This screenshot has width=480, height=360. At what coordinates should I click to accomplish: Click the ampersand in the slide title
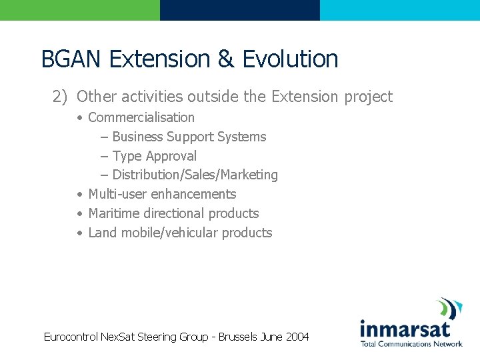[225, 59]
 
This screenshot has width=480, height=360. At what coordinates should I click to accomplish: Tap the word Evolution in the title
[290, 59]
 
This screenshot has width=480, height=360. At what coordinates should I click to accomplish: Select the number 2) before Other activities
[61, 97]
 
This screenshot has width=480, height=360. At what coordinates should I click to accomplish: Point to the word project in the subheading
[368, 97]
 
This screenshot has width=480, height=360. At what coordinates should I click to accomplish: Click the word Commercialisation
[141, 117]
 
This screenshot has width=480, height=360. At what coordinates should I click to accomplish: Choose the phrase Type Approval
[155, 156]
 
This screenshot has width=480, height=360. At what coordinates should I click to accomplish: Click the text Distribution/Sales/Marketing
[195, 175]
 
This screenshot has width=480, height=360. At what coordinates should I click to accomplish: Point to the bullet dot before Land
[79, 233]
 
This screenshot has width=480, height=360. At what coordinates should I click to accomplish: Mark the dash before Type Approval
[105, 156]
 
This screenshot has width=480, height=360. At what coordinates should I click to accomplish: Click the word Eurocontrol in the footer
[71, 337]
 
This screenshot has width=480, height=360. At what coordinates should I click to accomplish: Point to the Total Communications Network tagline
[411, 344]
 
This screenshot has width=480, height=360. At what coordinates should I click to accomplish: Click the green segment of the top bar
[80, 10]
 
